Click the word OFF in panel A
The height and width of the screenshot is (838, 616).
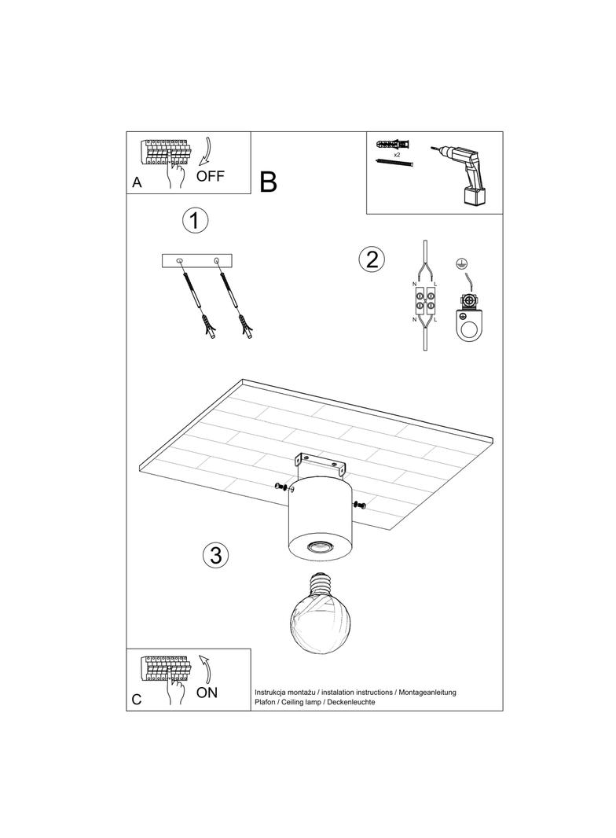211,175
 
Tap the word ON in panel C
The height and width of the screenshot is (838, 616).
207,692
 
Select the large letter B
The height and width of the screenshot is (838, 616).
268,182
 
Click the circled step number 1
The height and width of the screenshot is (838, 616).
195,220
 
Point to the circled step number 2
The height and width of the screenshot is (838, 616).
372,259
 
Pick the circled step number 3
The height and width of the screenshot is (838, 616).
216,555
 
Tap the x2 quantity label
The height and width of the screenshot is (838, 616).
397,154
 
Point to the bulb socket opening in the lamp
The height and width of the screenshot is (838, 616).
319,546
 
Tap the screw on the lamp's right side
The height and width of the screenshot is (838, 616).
359,505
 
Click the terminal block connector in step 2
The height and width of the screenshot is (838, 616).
425,303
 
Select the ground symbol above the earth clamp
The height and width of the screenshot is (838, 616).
458,263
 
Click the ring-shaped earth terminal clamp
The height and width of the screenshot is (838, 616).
468,324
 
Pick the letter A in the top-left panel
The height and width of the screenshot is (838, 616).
137,182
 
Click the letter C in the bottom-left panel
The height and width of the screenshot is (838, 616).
137,700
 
